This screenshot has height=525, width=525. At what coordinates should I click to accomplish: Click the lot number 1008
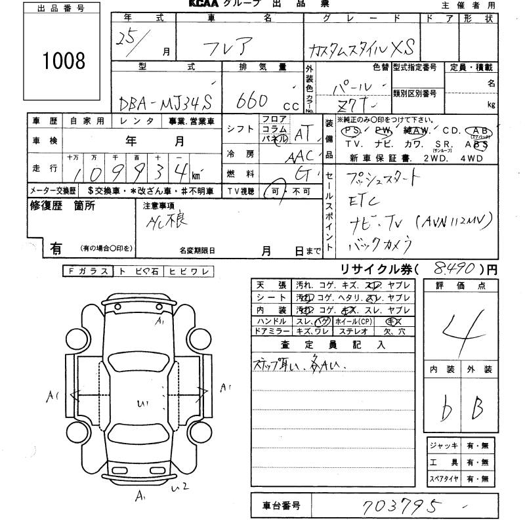pos(64,61)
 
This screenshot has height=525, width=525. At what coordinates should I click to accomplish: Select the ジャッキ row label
pos(443,446)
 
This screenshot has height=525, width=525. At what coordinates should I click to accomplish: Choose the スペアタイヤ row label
pos(444,479)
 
